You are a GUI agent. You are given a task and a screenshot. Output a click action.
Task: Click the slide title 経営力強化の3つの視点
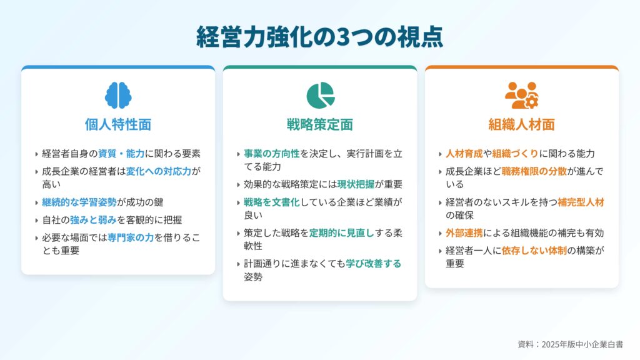pos(319,37)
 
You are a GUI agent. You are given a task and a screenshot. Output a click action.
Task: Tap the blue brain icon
pos(118,95)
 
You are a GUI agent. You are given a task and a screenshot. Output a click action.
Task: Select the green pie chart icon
pos(321,96)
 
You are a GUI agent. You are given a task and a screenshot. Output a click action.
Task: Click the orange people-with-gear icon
pos(522,96)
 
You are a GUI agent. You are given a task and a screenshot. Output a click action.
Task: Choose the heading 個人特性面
pos(118,124)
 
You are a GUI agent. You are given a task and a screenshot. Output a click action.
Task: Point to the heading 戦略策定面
pos(320,124)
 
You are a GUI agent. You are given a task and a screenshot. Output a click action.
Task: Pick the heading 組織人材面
pos(522,124)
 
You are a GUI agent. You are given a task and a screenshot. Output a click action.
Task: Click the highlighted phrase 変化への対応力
pos(159,171)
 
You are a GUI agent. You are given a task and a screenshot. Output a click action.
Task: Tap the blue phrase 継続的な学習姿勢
pos(79,202)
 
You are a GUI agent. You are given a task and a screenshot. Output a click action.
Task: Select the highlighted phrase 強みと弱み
pos(94,220)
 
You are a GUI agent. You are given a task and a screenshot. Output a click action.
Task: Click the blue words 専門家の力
pos(131,237)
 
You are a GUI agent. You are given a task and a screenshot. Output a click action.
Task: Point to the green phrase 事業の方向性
pos(272,154)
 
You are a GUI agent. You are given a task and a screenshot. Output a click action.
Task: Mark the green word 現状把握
pos(356,184)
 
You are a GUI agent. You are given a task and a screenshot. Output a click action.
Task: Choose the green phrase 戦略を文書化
pos(272,202)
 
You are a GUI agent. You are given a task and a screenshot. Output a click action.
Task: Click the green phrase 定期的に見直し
pos(342,233)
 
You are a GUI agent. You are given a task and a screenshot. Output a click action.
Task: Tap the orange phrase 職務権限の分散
pos(534,171)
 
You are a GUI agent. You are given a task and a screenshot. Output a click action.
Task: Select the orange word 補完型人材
pos(581,202)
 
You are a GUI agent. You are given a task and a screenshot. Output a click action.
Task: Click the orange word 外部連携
pos(464,233)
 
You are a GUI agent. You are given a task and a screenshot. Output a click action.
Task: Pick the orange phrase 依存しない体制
pos(534,251)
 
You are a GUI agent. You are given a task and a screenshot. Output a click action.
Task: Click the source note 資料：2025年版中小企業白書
pos(570,344)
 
